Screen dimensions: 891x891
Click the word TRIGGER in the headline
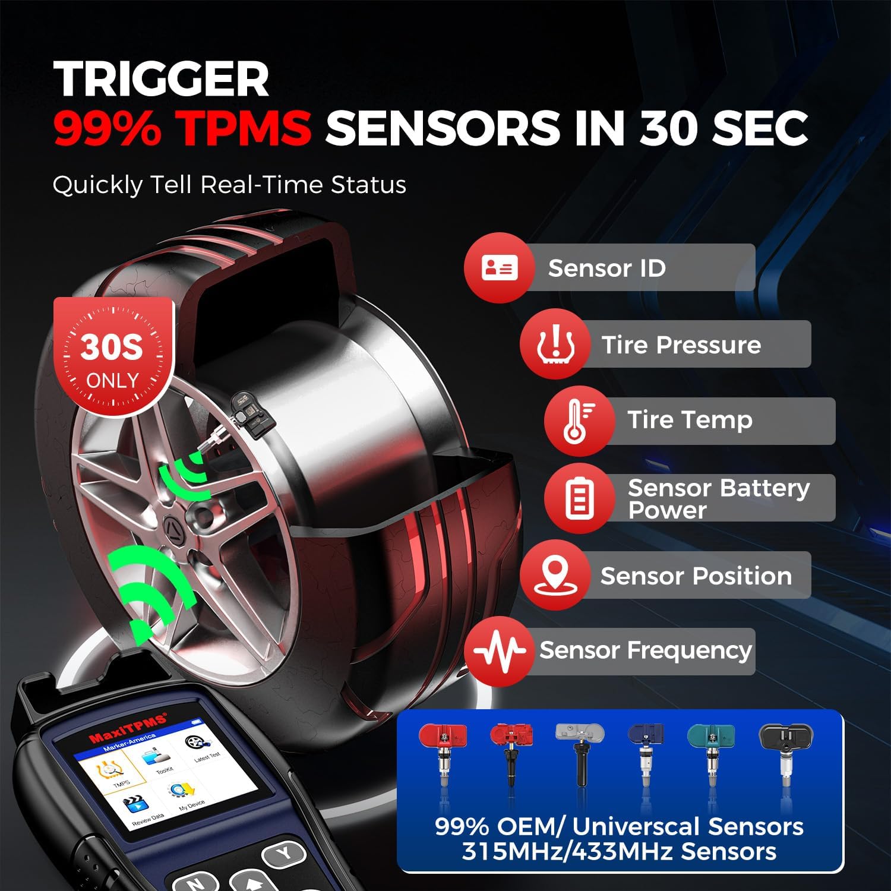[x=161, y=80]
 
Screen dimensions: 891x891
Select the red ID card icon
[x=499, y=268]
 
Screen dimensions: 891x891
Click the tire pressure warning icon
[x=555, y=345]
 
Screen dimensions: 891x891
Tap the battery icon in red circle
[x=579, y=498]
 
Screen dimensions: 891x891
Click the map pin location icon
[x=555, y=574]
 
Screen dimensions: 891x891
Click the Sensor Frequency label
[x=645, y=650]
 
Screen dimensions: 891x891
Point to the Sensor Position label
[x=696, y=576]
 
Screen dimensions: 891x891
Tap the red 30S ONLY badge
[x=112, y=359]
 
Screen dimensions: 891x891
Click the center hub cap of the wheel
[x=174, y=526]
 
